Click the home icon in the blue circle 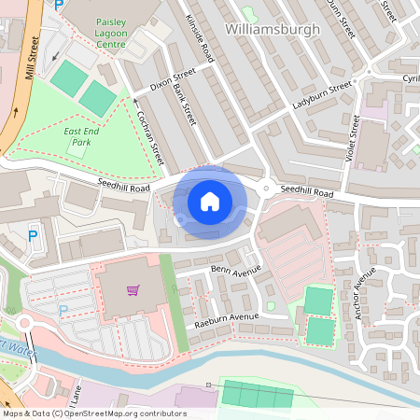[x=210, y=200]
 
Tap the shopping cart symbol [x=133, y=289]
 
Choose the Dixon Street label [x=172, y=79]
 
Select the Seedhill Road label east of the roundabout [x=307, y=190]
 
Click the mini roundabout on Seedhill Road [x=267, y=189]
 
